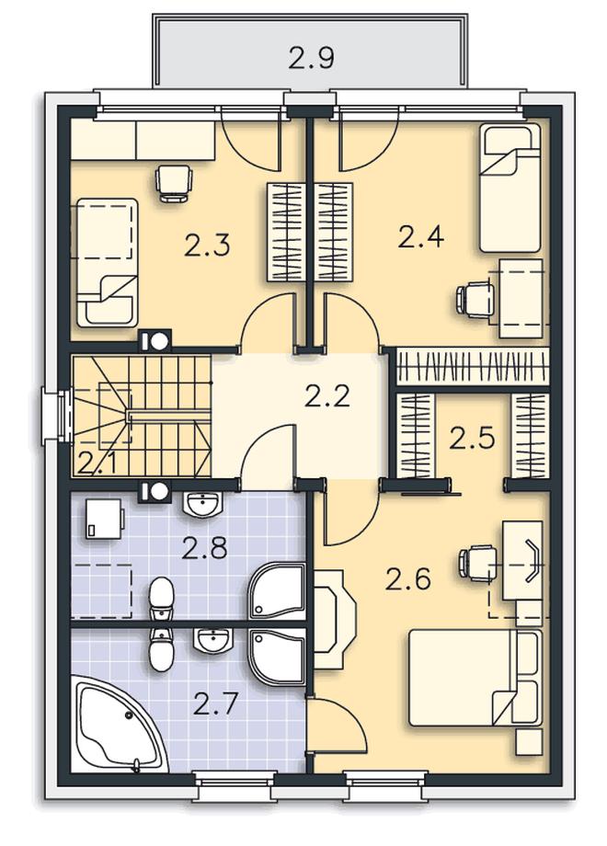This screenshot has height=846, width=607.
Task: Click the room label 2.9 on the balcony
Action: click(x=312, y=58)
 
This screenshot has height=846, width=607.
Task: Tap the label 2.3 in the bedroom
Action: click(x=207, y=245)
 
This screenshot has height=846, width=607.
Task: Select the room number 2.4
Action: click(x=421, y=237)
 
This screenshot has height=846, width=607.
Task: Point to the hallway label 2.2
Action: click(x=327, y=396)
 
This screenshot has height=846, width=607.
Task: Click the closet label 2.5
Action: click(x=472, y=438)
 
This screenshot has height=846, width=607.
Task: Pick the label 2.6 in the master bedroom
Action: click(x=408, y=579)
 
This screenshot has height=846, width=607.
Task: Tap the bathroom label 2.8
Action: click(x=204, y=549)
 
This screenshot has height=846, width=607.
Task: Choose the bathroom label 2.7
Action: click(x=215, y=703)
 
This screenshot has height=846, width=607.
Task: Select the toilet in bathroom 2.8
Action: click(x=161, y=598)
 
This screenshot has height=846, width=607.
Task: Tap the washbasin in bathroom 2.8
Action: click(x=203, y=504)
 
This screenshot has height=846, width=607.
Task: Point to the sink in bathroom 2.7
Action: click(x=212, y=640)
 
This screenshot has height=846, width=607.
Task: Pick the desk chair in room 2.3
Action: click(x=174, y=182)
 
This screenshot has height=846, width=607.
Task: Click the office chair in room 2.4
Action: click(x=475, y=298)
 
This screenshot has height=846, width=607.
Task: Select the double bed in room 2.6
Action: click(x=475, y=678)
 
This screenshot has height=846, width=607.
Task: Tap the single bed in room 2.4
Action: click(x=510, y=188)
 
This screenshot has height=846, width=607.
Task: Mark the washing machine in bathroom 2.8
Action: click(x=104, y=519)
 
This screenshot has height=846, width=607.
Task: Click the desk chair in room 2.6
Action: click(x=478, y=564)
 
